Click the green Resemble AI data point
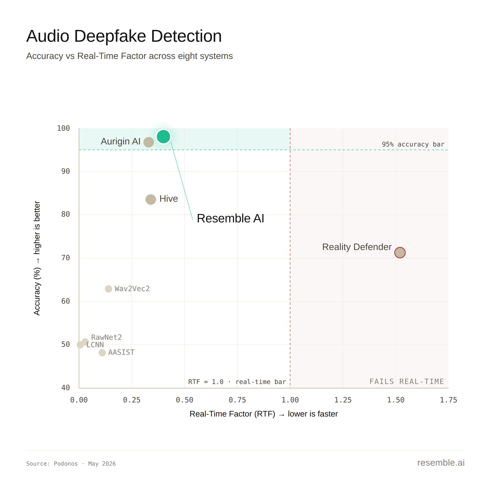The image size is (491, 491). pyautogui.click(x=163, y=137)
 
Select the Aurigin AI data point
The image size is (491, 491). pyautogui.click(x=149, y=142)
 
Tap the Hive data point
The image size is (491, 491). pyautogui.click(x=151, y=199)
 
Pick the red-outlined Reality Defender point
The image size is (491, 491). pyautogui.click(x=400, y=252)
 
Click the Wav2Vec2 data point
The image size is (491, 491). pyautogui.click(x=108, y=289)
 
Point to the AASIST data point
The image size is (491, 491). pyautogui.click(x=102, y=352)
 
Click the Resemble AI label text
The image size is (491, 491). pyautogui.click(x=230, y=218)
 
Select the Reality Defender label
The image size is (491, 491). pyautogui.click(x=357, y=247)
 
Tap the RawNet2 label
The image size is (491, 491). pyautogui.click(x=106, y=337)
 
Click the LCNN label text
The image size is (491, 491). pyautogui.click(x=95, y=345)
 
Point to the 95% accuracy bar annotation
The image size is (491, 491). pyautogui.click(x=413, y=144)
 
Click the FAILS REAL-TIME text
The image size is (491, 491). pyautogui.click(x=407, y=381)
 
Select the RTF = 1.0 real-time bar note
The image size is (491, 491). pyautogui.click(x=237, y=382)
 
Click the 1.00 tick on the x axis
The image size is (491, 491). pyautogui.click(x=290, y=400)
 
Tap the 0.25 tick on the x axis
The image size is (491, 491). pyautogui.click(x=132, y=400)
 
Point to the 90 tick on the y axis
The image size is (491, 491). pyautogui.click(x=65, y=171)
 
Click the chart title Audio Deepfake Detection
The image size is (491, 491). pyautogui.click(x=124, y=36)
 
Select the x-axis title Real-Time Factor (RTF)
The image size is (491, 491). pyautogui.click(x=232, y=414)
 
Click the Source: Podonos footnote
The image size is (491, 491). pyautogui.click(x=71, y=464)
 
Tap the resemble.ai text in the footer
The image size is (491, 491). pyautogui.click(x=441, y=462)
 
